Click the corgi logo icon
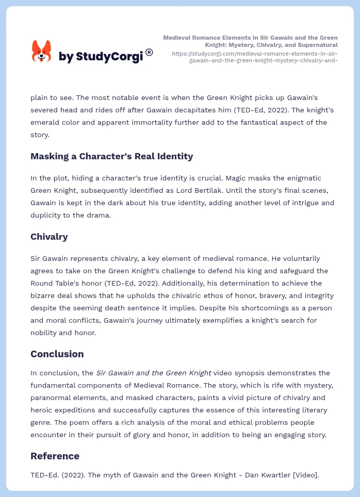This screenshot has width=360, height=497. [41, 52]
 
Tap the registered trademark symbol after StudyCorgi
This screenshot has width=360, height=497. [149, 52]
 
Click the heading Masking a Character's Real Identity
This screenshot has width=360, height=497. [111, 156]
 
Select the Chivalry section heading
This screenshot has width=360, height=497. [49, 237]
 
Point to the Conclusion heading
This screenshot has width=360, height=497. [57, 354]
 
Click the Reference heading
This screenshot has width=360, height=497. [55, 456]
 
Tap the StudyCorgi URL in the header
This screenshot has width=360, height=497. [255, 57]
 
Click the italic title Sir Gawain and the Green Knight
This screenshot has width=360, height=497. [153, 373]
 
